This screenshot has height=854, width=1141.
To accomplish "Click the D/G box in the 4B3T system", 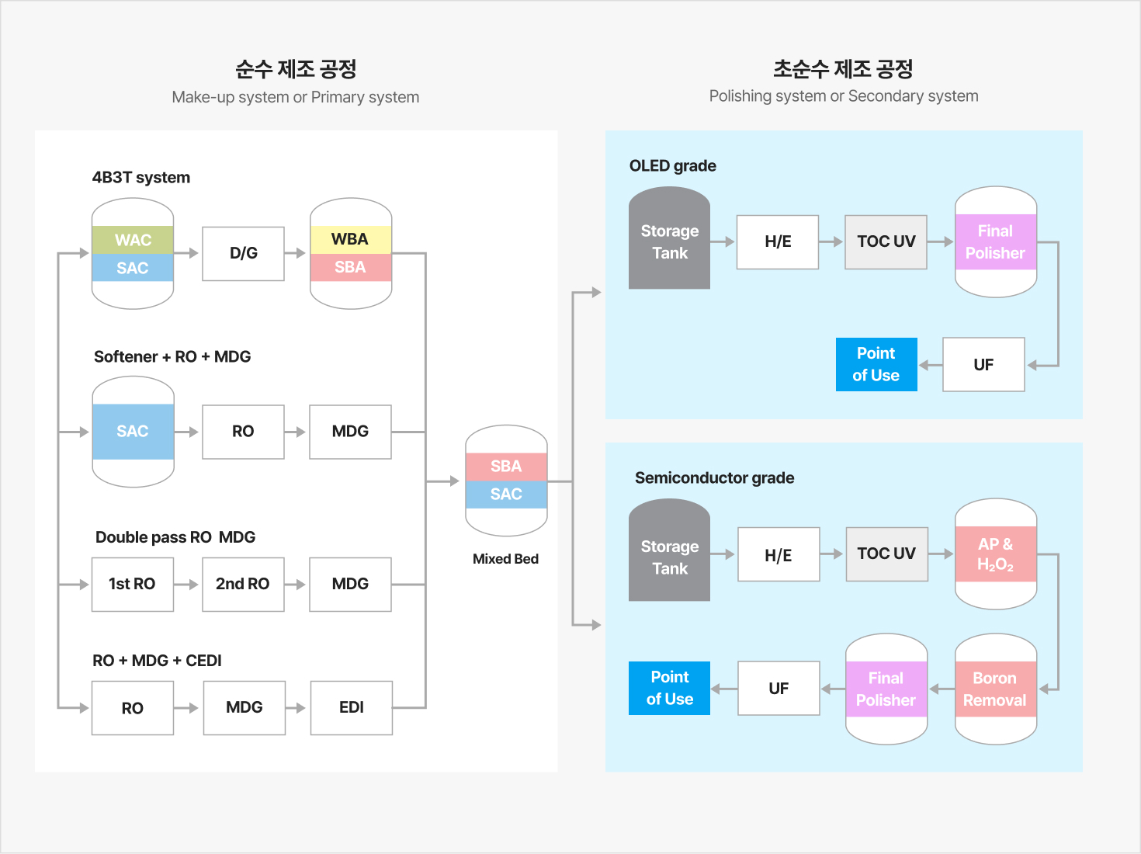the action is pyautogui.click(x=243, y=254).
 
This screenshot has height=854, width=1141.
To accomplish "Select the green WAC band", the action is pyautogui.click(x=133, y=240).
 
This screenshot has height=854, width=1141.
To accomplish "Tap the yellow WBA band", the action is pyautogui.click(x=351, y=240).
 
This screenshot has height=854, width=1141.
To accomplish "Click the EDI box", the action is pyautogui.click(x=352, y=707).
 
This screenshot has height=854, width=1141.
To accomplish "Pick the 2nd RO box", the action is pyautogui.click(x=243, y=585).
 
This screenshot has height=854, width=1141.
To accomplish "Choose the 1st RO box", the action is pyautogui.click(x=133, y=585).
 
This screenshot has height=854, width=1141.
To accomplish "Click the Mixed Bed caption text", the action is pyautogui.click(x=506, y=559).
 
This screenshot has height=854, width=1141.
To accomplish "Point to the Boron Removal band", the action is pyautogui.click(x=995, y=689).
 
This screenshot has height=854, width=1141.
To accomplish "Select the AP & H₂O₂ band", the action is pyautogui.click(x=995, y=554).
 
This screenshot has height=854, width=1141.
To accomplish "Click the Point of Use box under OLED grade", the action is pyautogui.click(x=876, y=364).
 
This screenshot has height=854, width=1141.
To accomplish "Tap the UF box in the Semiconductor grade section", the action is pyautogui.click(x=779, y=688).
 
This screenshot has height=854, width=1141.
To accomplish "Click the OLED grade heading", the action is pyautogui.click(x=673, y=166).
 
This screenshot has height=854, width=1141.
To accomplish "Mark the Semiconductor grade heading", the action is pyautogui.click(x=715, y=477).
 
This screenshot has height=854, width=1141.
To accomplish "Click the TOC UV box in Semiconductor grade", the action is pyautogui.click(x=887, y=554).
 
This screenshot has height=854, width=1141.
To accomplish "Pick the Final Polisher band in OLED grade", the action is pyautogui.click(x=995, y=242).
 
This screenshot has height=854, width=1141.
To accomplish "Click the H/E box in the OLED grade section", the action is pyautogui.click(x=778, y=242).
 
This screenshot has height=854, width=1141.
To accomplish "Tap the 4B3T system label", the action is pyautogui.click(x=140, y=178).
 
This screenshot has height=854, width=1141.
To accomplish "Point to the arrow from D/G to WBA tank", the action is pyautogui.click(x=295, y=253).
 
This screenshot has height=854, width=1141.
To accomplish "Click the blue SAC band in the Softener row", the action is pyautogui.click(x=133, y=432).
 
